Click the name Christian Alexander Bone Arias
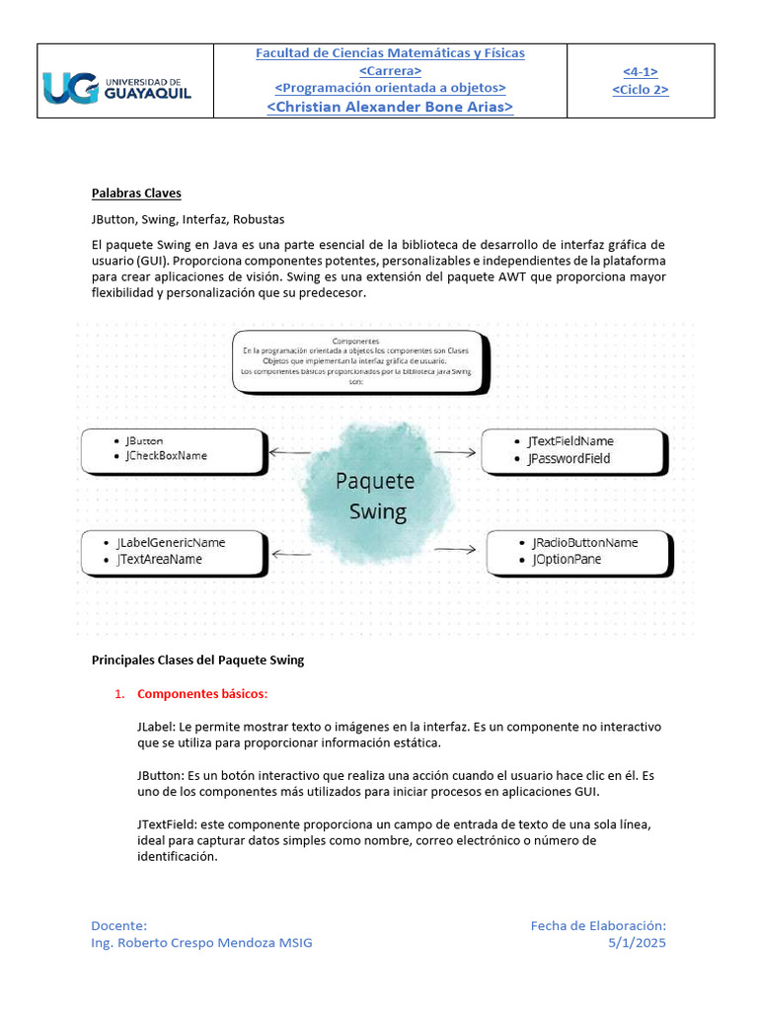pyautogui.click(x=390, y=107)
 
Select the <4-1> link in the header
pyautogui.click(x=641, y=71)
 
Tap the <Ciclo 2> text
pyautogui.click(x=641, y=90)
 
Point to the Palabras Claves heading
pyautogui.click(x=136, y=194)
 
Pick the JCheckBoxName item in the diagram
pyautogui.click(x=166, y=456)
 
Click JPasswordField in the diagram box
pyautogui.click(x=568, y=459)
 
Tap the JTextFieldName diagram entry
pyautogui.click(x=570, y=441)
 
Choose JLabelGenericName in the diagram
pyautogui.click(x=171, y=542)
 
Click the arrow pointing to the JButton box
pyautogui.click(x=290, y=453)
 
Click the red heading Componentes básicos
pyautogui.click(x=202, y=694)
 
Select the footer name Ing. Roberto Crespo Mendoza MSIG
pyautogui.click(x=201, y=943)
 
